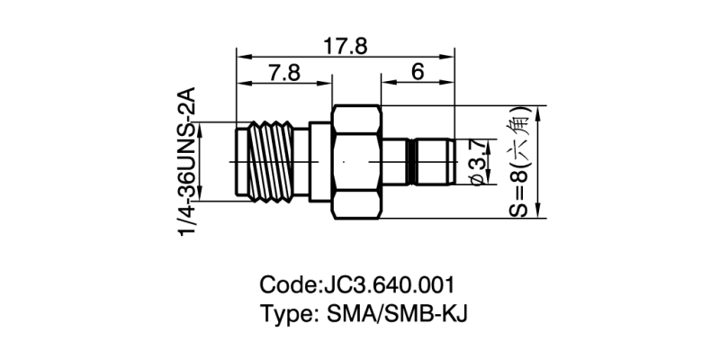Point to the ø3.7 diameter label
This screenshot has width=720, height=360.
pos(478,163)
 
